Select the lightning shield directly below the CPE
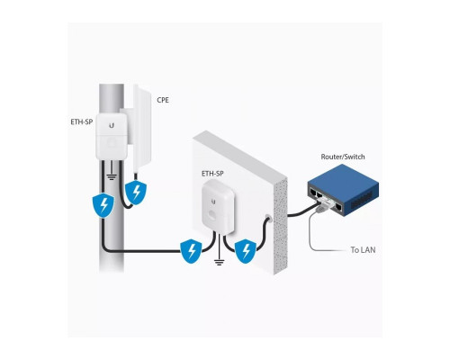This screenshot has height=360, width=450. [x=137, y=193]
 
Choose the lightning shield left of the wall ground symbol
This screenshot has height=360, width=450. [x=191, y=250]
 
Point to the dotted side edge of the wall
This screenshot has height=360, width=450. [x=280, y=216]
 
